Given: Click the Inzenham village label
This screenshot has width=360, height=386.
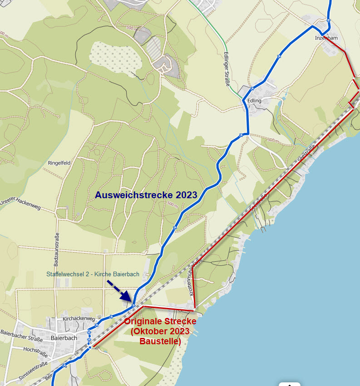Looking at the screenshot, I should [326, 38].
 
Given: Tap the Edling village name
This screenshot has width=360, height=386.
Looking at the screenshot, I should [254, 100].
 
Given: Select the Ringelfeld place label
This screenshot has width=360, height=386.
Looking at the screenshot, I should [59, 162].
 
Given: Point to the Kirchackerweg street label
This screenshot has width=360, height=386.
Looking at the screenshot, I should [79, 319].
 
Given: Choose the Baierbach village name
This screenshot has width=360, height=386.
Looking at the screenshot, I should [64, 338].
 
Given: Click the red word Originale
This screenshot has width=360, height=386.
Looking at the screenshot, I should [145, 321].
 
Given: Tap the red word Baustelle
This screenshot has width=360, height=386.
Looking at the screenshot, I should [160, 341].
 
